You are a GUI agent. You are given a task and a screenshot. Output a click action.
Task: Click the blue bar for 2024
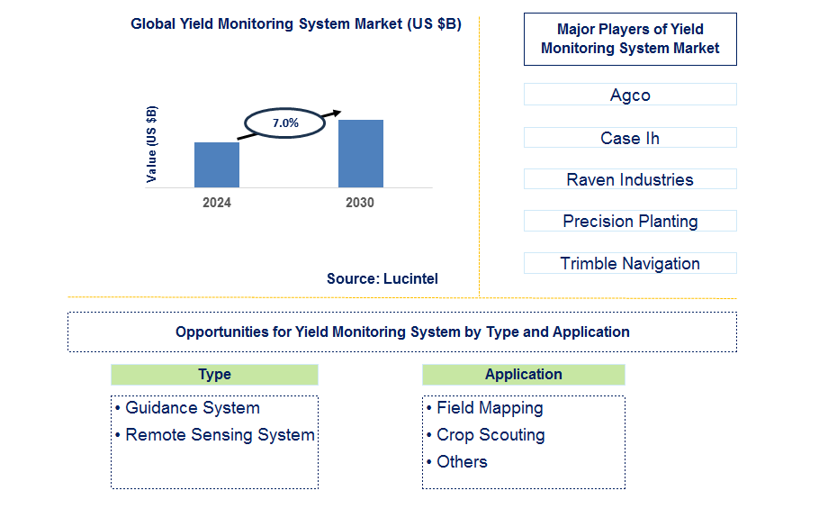pyautogui.click(x=217, y=165)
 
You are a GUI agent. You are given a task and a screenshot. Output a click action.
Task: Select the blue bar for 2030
pyautogui.click(x=360, y=153)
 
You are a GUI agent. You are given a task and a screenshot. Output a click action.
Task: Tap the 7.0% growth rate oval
pyautogui.click(x=285, y=123)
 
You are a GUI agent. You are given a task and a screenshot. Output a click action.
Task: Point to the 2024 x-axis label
pyautogui.click(x=217, y=203)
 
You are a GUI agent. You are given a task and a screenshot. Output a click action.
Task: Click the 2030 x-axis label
pyautogui.click(x=360, y=203)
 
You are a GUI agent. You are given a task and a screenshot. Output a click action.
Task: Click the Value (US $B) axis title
pyautogui.click(x=151, y=144)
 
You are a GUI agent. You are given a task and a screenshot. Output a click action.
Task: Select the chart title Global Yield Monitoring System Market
pyautogui.click(x=296, y=24)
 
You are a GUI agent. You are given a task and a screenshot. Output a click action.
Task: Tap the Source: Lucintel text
pyautogui.click(x=382, y=279)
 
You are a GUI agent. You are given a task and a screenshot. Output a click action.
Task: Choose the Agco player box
pyautogui.click(x=630, y=95)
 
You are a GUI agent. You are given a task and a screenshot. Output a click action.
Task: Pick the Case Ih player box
pyautogui.click(x=630, y=138)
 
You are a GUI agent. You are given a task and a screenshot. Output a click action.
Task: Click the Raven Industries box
pyautogui.click(x=630, y=179)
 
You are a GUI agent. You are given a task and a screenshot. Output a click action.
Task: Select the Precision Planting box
pyautogui.click(x=630, y=221)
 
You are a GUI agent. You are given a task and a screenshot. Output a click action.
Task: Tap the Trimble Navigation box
pyautogui.click(x=630, y=263)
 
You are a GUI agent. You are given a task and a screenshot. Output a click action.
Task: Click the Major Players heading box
pyautogui.click(x=630, y=39)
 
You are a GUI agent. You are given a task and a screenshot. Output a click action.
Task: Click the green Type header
pyautogui.click(x=214, y=375)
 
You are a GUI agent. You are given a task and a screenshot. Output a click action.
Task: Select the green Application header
pyautogui.click(x=523, y=375)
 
